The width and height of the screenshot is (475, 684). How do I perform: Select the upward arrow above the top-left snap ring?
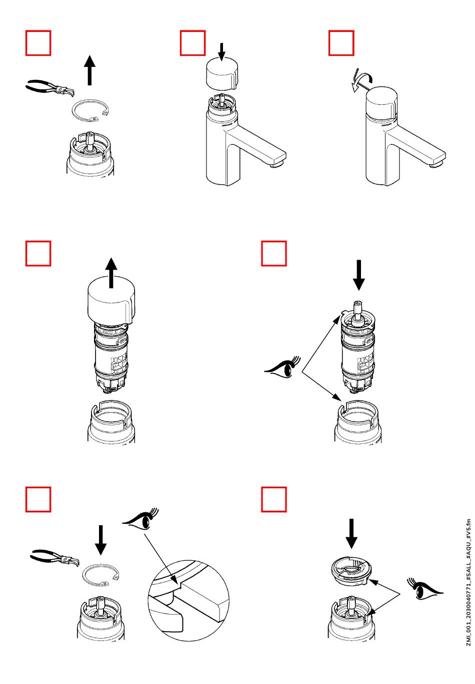point(89,70)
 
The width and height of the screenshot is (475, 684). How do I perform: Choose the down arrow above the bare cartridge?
point(358,276)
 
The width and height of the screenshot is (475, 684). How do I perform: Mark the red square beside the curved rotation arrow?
point(341,43)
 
